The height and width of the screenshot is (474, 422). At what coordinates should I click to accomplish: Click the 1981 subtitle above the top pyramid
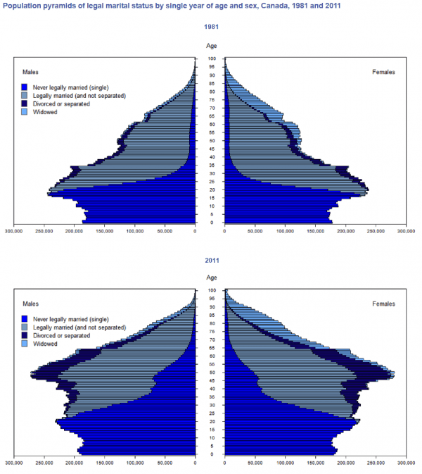coord(211,27)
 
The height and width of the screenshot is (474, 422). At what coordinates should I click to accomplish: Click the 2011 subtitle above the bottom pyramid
coord(212,261)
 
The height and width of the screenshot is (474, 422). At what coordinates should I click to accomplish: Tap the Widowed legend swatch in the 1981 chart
coord(25,112)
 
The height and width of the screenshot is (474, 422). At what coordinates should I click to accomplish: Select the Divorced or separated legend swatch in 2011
coord(25,335)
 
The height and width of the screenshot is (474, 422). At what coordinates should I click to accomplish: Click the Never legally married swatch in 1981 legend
coord(25,87)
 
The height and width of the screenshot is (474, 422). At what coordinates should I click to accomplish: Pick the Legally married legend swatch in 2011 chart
coord(25,328)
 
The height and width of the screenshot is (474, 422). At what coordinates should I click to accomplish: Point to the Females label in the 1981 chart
coord(383,72)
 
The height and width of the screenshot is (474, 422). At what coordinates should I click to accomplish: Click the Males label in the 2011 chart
coord(30,304)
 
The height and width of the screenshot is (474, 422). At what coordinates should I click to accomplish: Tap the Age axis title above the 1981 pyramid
coord(211,46)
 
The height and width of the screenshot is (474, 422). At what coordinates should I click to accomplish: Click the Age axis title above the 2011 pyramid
coord(211,277)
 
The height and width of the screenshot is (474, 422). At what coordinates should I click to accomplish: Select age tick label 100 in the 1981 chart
coord(212,58)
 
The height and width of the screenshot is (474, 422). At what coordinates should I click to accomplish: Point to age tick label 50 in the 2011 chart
coord(212,373)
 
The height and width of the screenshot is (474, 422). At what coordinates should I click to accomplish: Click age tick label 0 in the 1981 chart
coord(212,223)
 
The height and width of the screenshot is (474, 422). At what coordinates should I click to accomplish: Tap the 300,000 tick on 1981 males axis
coord(13,231)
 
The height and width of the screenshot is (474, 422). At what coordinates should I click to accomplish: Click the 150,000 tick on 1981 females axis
coord(315,231)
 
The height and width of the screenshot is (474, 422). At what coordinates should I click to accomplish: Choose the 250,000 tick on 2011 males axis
coord(44,463)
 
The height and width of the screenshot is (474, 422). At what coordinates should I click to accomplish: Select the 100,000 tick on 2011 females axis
coord(286,463)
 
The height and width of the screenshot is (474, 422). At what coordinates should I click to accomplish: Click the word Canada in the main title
coord(271,6)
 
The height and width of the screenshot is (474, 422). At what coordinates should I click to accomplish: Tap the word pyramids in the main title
coord(56,6)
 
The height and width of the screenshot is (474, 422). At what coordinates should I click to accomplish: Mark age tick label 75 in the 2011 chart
coord(212,332)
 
